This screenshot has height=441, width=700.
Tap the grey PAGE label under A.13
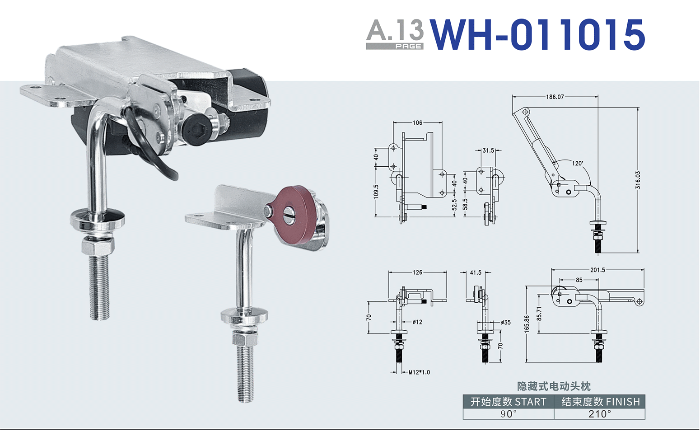point(408,46)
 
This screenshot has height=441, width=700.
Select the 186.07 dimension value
point(555,97)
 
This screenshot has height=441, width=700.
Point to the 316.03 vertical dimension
point(638,180)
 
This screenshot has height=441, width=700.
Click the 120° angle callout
point(578,163)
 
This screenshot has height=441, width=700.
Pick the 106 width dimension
point(417,122)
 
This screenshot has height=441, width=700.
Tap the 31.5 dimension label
point(489,150)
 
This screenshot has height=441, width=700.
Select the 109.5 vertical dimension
point(376,192)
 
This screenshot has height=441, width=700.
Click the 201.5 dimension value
point(597,270)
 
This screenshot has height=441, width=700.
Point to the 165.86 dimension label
point(527,324)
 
